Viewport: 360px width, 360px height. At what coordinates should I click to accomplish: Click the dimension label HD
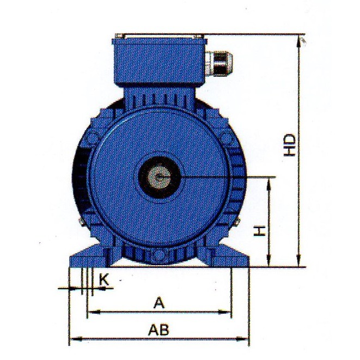pos(289,145)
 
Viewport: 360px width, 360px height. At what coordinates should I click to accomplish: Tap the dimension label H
pos(260,231)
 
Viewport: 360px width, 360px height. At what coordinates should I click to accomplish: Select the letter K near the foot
pos(104,280)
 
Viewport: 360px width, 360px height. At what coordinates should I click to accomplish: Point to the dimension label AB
pos(159,330)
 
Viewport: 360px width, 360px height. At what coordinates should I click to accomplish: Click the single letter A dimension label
pos(159,303)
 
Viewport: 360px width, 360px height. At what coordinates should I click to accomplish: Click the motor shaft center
pos(159,177)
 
